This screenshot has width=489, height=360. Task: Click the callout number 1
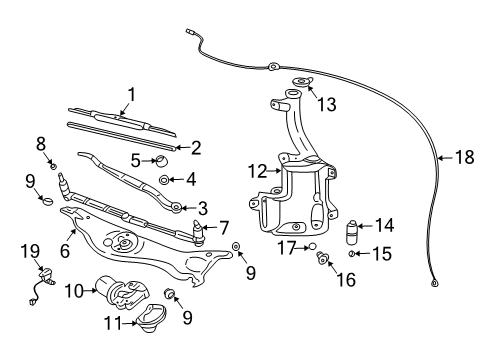click(x=129, y=95)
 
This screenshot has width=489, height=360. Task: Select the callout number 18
click(x=463, y=157)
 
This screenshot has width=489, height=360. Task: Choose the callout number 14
click(x=385, y=226)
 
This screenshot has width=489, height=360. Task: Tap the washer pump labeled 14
click(x=352, y=234)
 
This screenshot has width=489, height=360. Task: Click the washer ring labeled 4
click(x=163, y=180)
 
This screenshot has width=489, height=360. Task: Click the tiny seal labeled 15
click(x=352, y=255)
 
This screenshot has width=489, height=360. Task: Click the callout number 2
click(x=196, y=148)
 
